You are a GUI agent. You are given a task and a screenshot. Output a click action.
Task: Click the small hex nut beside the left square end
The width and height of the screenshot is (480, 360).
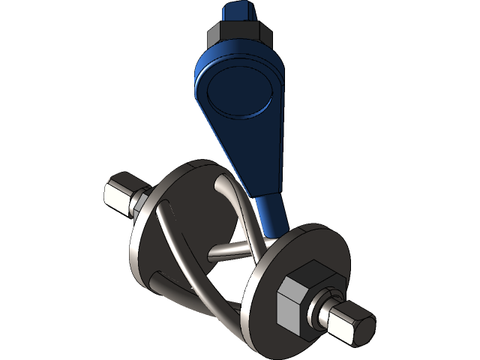139,204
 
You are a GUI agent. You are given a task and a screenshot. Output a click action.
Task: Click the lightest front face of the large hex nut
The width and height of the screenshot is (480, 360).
289,307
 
